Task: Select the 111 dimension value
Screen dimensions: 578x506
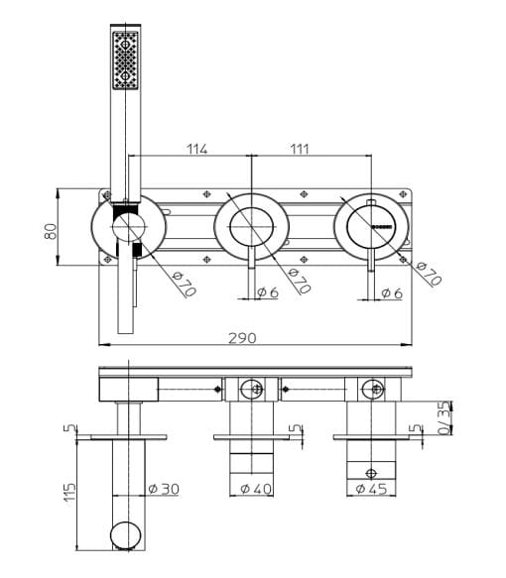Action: click(x=300, y=149)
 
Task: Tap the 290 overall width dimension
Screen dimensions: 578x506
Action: click(x=242, y=337)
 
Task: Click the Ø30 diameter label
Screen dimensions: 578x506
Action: click(x=163, y=489)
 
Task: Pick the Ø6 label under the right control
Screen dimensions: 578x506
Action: click(x=391, y=292)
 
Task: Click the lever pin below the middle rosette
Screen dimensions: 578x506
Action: click(x=250, y=278)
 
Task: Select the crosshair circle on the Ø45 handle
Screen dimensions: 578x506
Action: click(x=370, y=473)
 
